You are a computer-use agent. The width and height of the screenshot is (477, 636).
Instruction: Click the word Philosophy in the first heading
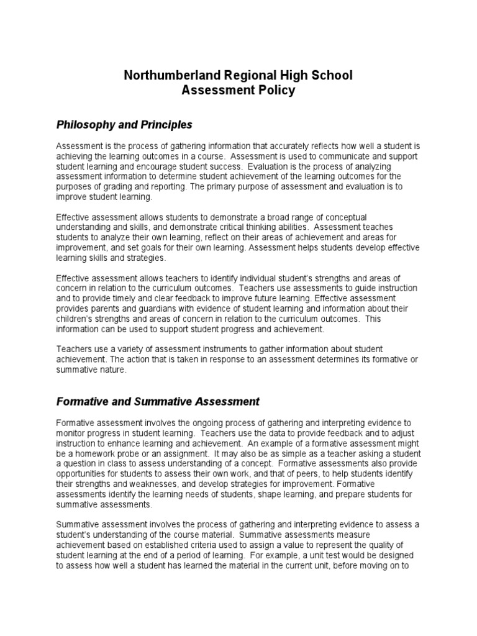coord(86,125)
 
